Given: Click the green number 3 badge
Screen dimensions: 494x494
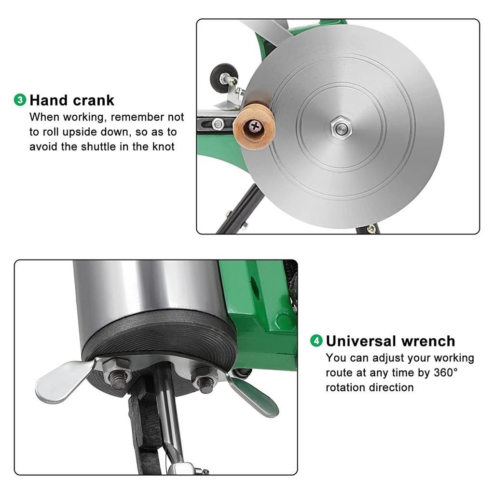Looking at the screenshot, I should coord(20,100).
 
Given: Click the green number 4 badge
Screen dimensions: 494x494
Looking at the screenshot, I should coord(316,341).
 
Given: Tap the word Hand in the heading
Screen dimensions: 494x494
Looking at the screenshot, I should coord(49,100).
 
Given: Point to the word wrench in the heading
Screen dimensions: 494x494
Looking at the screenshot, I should coord(427,341).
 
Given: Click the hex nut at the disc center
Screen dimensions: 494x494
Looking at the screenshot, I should coord(341,127).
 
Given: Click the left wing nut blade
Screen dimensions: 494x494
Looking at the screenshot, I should coord(63,381).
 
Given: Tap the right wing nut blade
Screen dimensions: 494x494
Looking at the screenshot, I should coord(253,396).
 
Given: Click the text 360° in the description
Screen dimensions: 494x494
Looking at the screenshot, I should coord(446,373).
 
